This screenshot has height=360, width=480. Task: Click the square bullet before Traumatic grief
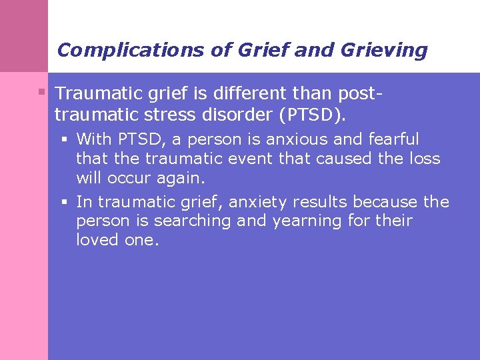(x=41, y=91)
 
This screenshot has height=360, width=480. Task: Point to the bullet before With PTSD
(x=65, y=139)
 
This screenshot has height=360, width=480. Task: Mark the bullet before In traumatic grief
(x=65, y=201)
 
